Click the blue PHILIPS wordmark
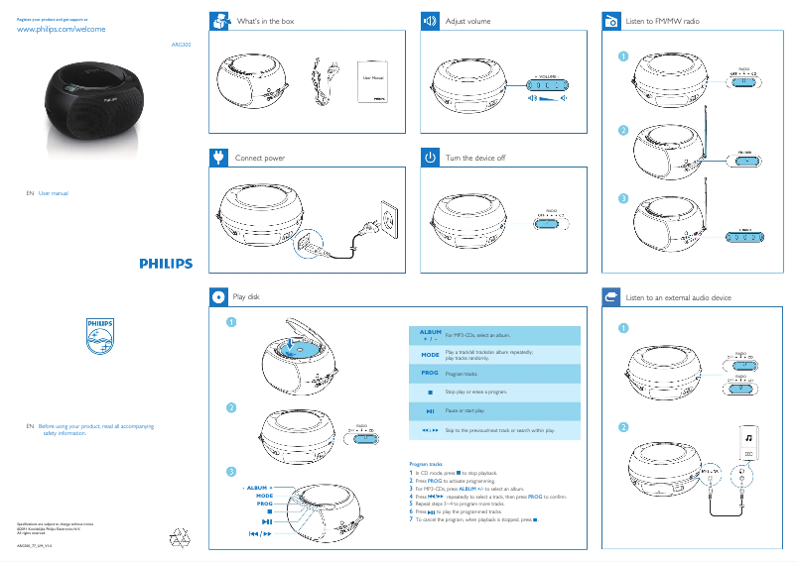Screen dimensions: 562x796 point(166,264)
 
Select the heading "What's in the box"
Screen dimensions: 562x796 point(265,21)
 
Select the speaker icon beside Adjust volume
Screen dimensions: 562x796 point(430,21)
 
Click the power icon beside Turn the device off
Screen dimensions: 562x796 point(430,158)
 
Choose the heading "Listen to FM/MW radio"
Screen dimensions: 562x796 point(664,21)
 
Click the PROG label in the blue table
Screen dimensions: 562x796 point(430,374)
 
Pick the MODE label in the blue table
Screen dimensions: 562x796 point(430,354)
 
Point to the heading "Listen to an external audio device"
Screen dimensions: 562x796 point(679,296)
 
